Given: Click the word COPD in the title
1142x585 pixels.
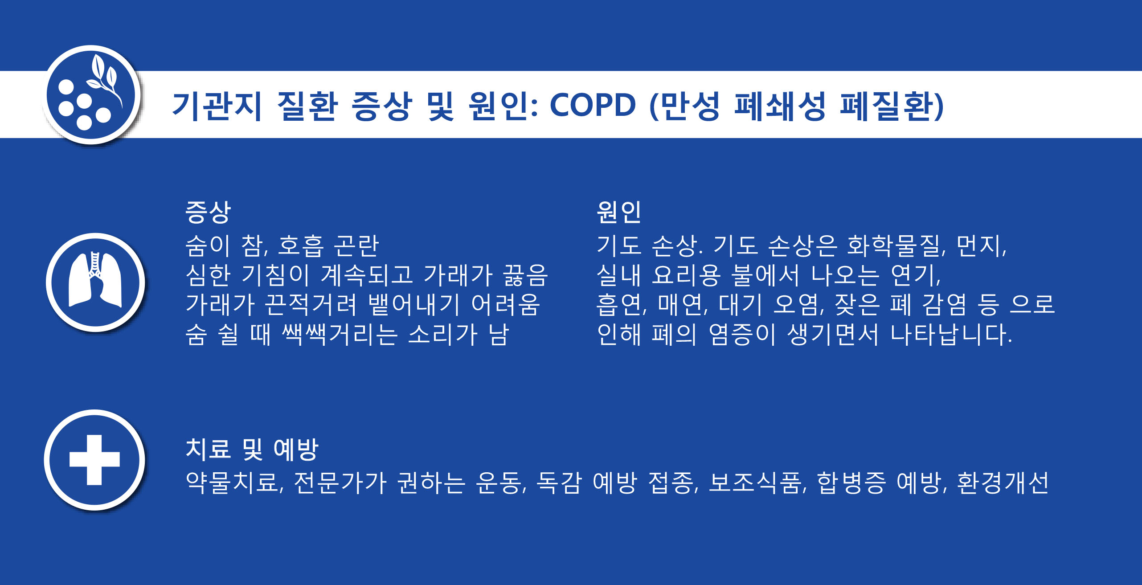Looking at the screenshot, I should pyautogui.click(x=592, y=106).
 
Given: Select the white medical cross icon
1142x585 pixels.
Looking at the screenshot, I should pyautogui.click(x=94, y=459).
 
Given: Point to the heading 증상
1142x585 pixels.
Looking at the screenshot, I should pyautogui.click(x=208, y=212).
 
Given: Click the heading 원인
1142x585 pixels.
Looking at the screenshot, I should pyautogui.click(x=619, y=212).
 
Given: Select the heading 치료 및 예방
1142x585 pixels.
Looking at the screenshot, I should pyautogui.click(x=252, y=449).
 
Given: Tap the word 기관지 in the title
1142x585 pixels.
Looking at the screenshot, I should pyautogui.click(x=217, y=106).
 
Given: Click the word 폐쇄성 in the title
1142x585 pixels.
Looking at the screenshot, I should pyautogui.click(x=780, y=106).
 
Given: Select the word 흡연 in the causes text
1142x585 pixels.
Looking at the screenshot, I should pyautogui.click(x=621, y=305).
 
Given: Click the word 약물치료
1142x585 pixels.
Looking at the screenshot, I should pyautogui.click(x=234, y=483).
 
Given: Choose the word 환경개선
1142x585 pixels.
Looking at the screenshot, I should pyautogui.click(x=1003, y=483).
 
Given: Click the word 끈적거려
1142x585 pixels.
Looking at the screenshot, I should pyautogui.click(x=311, y=305).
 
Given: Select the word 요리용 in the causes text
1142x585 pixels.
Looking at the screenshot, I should pyautogui.click(x=686, y=275).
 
